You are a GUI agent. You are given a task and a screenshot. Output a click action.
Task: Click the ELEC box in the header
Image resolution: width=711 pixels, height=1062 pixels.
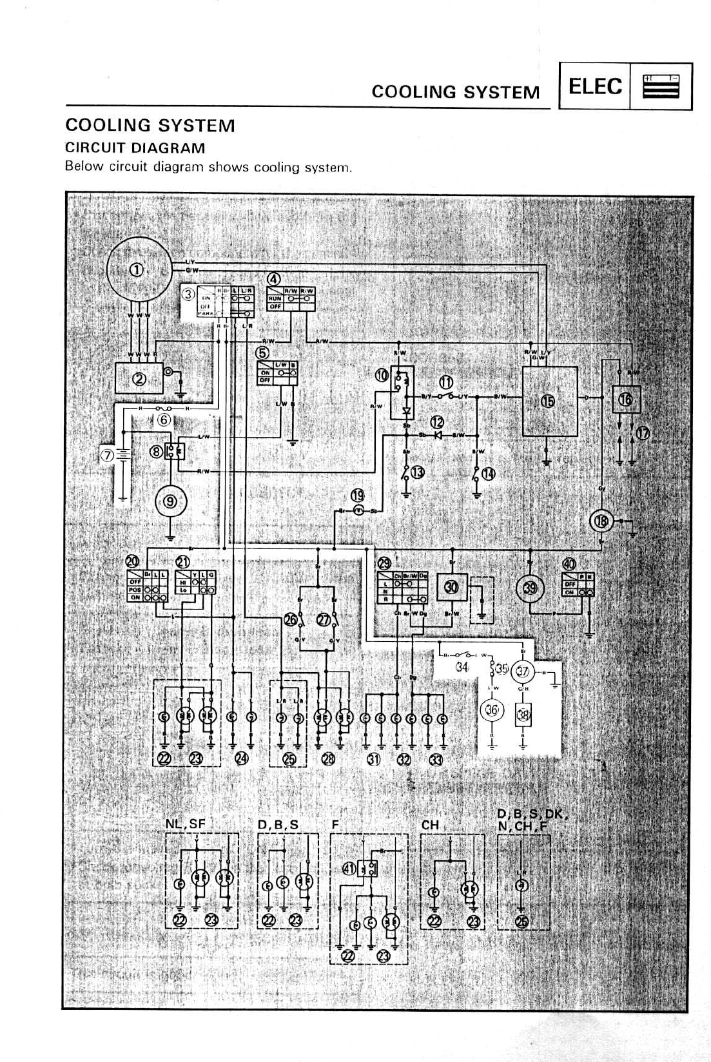[x=595, y=86]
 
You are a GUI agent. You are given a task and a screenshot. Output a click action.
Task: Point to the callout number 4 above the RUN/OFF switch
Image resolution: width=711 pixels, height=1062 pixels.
[x=274, y=279]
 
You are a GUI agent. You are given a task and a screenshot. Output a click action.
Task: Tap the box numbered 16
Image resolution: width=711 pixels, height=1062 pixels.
[x=625, y=400]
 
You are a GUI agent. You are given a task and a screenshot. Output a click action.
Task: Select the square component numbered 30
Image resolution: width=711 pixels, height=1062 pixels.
[x=451, y=587]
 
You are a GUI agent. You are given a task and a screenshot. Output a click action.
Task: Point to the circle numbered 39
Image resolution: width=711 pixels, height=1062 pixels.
[x=531, y=587]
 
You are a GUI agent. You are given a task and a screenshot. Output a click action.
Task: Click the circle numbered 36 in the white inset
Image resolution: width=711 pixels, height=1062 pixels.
[x=492, y=711]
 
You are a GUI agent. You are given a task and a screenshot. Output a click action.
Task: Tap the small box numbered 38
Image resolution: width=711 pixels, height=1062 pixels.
[x=523, y=715]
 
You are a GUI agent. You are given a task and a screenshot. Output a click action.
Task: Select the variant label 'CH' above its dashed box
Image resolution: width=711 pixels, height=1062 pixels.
[x=429, y=824]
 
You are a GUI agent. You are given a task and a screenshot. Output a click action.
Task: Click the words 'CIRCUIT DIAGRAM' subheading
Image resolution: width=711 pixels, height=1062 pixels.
[x=135, y=148]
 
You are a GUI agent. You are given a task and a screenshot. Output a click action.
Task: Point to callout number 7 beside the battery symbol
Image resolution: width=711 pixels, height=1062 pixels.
[x=106, y=455]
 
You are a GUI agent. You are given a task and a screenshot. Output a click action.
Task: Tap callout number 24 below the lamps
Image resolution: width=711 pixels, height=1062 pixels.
[x=241, y=758]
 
